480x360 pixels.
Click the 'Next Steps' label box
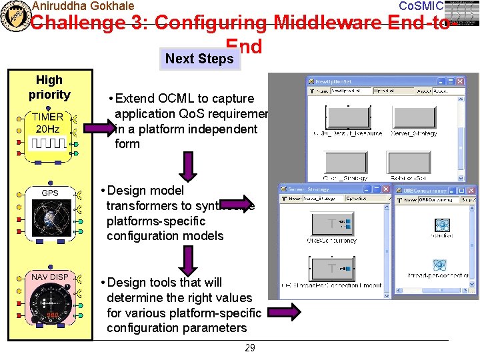pyautogui.click(x=199, y=59)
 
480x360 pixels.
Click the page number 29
pyautogui.click(x=249, y=348)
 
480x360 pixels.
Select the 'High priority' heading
pyautogui.click(x=49, y=87)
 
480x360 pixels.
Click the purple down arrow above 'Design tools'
pyautogui.click(x=189, y=258)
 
